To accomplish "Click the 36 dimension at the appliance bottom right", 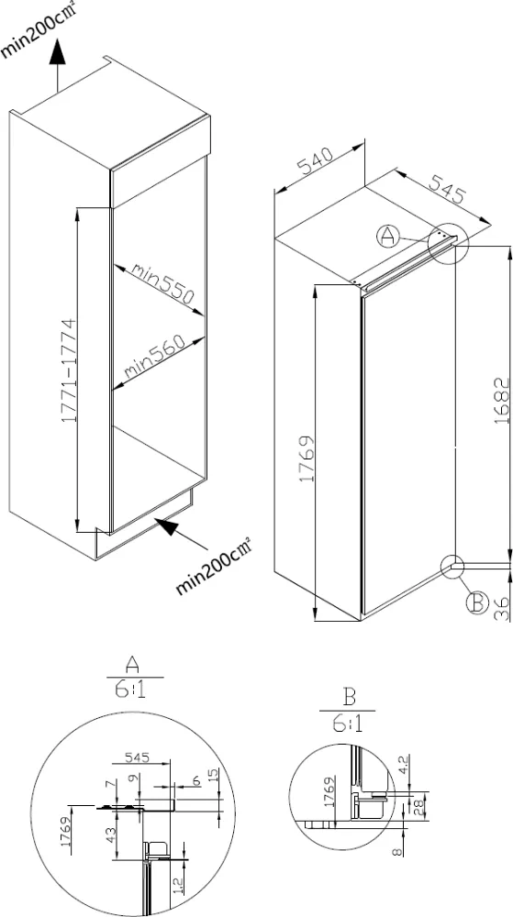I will [x=501, y=609].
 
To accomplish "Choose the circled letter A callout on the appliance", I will [x=388, y=237].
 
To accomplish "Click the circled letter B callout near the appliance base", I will [x=476, y=602].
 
